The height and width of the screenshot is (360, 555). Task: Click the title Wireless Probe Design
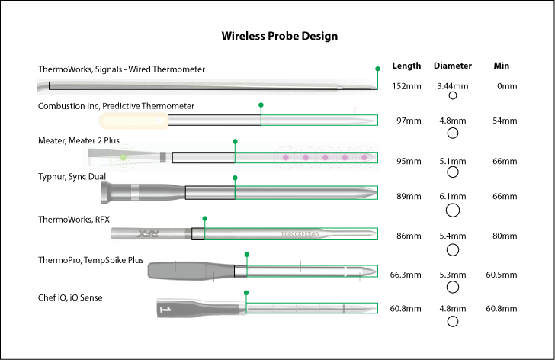click(279, 36)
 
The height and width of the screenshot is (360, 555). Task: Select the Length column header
click(406, 66)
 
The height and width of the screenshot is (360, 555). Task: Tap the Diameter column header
click(452, 66)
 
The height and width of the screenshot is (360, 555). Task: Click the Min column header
click(502, 66)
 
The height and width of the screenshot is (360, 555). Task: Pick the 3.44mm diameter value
click(452, 86)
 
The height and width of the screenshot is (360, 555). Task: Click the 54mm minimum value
click(504, 121)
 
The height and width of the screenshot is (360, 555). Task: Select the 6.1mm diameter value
click(452, 196)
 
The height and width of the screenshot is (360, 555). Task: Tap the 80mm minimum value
click(504, 236)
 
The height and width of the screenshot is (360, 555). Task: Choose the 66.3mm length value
click(406, 274)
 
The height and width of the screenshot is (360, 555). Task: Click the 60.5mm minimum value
click(502, 274)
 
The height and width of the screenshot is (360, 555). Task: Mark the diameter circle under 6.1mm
click(452, 210)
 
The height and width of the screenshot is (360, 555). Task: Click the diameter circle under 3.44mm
click(452, 96)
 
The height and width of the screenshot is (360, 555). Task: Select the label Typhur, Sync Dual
click(72, 177)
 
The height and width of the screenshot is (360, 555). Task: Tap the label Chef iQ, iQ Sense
click(70, 297)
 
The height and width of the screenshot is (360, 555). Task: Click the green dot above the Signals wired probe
click(377, 69)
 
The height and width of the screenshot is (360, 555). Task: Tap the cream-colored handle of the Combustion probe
click(130, 121)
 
